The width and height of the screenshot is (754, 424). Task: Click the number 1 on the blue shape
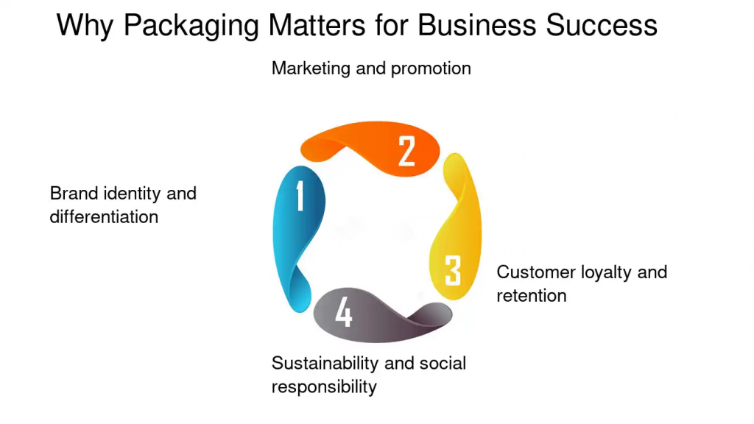(300, 196)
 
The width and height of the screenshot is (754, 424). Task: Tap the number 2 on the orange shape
(406, 152)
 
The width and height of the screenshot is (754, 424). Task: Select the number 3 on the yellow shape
(453, 271)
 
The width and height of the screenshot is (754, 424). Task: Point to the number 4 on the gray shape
(344, 311)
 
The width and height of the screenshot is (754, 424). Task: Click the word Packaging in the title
(191, 26)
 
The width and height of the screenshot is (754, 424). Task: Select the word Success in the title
(602, 25)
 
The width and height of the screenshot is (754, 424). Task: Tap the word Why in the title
(85, 26)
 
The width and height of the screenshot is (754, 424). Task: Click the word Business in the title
(476, 25)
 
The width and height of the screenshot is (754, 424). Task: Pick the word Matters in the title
(317, 25)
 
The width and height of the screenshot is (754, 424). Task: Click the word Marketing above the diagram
(311, 68)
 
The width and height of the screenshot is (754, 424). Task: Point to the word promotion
(431, 69)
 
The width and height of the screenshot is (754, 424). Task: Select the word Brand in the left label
(74, 194)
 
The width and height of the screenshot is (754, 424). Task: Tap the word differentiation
(104, 217)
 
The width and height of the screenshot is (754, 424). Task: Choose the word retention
(532, 296)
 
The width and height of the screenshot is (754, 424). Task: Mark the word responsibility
(324, 387)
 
